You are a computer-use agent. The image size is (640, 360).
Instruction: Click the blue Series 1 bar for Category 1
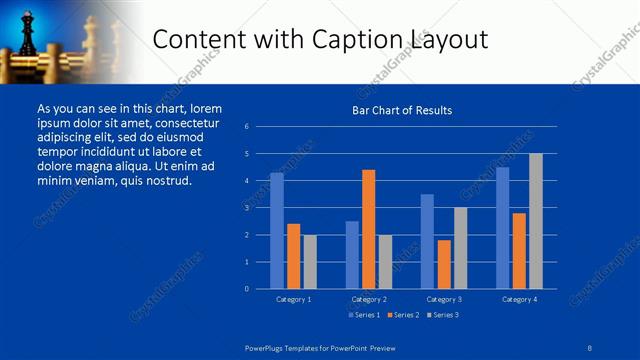pyautogui.click(x=277, y=231)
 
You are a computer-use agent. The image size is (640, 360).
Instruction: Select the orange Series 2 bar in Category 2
pyautogui.click(x=368, y=229)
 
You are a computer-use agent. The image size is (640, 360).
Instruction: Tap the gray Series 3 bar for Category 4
pyautogui.click(x=536, y=221)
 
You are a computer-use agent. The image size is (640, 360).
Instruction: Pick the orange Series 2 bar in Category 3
pyautogui.click(x=444, y=264)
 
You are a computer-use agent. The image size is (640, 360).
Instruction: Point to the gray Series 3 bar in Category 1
pyautogui.click(x=310, y=262)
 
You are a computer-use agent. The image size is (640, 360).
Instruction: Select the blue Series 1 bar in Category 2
pyautogui.click(x=352, y=255)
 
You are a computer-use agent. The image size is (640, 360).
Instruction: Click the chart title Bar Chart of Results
pyautogui.click(x=402, y=110)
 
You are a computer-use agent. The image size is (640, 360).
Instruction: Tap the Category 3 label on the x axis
pyautogui.click(x=443, y=299)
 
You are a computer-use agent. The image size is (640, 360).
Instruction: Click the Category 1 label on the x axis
pyautogui.click(x=294, y=299)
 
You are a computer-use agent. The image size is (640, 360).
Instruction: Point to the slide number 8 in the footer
pyautogui.click(x=590, y=346)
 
